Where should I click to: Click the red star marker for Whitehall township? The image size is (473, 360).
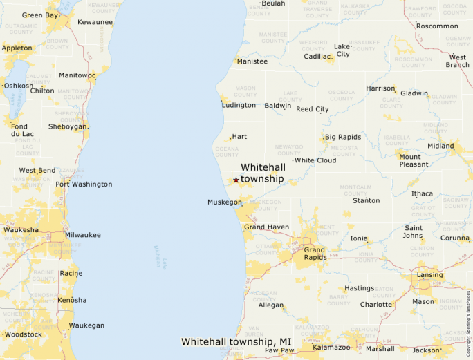[236, 180]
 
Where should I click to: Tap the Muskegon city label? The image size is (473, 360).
[225, 202]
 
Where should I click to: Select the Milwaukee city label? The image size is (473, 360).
[82, 235]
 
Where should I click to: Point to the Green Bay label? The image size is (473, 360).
[41, 15]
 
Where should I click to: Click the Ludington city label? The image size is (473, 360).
[239, 106]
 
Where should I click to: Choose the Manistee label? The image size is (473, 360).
[252, 61]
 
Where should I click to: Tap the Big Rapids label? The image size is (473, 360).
[343, 137]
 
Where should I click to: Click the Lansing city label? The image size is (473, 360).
[429, 275]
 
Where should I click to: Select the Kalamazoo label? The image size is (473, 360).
[332, 348]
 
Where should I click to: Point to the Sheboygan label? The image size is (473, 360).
[68, 127]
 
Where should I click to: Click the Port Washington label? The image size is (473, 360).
[84, 184]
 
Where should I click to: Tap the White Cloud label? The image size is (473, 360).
[315, 160]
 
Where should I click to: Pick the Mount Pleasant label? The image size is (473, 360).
[414, 160]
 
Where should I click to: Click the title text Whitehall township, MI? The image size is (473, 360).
[236, 341]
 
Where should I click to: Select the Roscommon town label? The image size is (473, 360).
[437, 26]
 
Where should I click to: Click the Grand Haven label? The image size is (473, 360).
[266, 227]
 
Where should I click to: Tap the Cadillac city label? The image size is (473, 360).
[317, 57]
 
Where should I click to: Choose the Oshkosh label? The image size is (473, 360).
[18, 86]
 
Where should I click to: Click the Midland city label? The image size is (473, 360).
[441, 146]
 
